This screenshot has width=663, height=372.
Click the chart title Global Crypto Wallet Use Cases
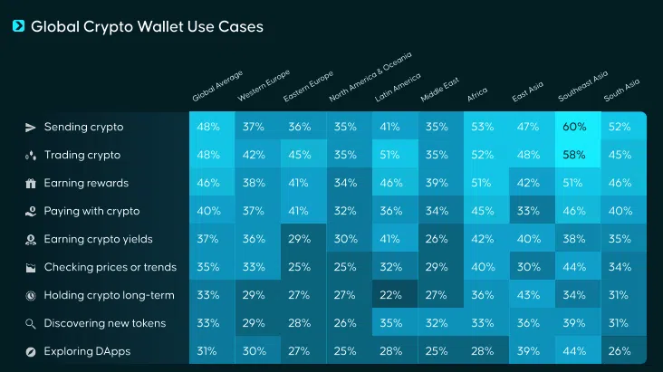click(147, 27)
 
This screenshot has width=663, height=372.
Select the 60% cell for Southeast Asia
click(574, 127)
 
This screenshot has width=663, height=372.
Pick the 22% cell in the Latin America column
click(390, 295)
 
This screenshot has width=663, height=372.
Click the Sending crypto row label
click(83, 127)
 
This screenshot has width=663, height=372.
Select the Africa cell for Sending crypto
click(482, 127)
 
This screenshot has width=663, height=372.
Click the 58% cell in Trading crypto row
click(574, 155)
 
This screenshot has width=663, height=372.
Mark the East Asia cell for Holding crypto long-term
click(528, 295)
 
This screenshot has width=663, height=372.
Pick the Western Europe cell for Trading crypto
click(254, 155)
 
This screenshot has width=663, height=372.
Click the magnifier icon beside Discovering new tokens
click(30, 323)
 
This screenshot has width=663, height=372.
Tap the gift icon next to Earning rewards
click(30, 183)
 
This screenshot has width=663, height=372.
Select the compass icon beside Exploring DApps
click(30, 351)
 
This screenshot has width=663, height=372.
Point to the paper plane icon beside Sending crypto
click(30, 127)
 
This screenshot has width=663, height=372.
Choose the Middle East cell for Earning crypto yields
click(437, 239)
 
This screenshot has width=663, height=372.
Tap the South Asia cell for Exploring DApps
click(620, 351)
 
